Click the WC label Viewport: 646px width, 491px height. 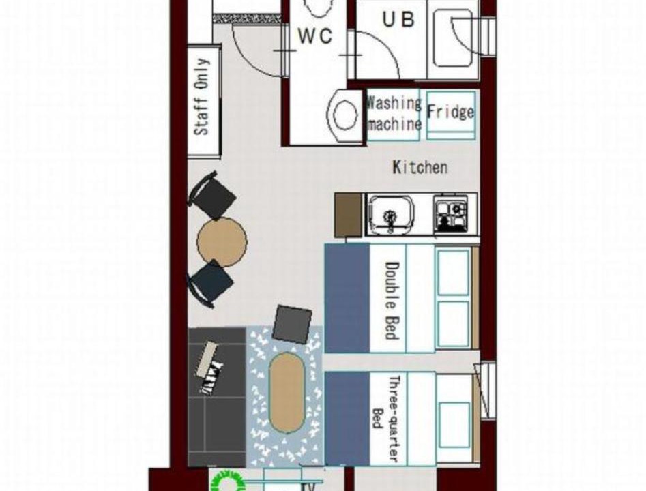pos(315,36)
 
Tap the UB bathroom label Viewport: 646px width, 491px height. pos(398,19)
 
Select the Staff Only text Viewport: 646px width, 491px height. pos(202,97)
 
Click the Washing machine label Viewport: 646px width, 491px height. pos(394,113)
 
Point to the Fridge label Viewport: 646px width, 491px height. pos(450,112)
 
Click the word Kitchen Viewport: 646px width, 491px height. pos(420,167)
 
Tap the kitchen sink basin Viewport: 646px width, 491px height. pos(390,214)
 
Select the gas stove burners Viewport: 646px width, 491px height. pos(451,214)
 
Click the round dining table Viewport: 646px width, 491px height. pos(222,242)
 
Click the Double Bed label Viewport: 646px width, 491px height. pos(392,300)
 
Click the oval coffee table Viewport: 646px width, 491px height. pos(287,393)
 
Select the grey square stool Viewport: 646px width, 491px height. pos(292,324)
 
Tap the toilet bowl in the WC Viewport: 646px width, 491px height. pos(344,115)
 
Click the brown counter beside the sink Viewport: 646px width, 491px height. pos(349,215)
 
